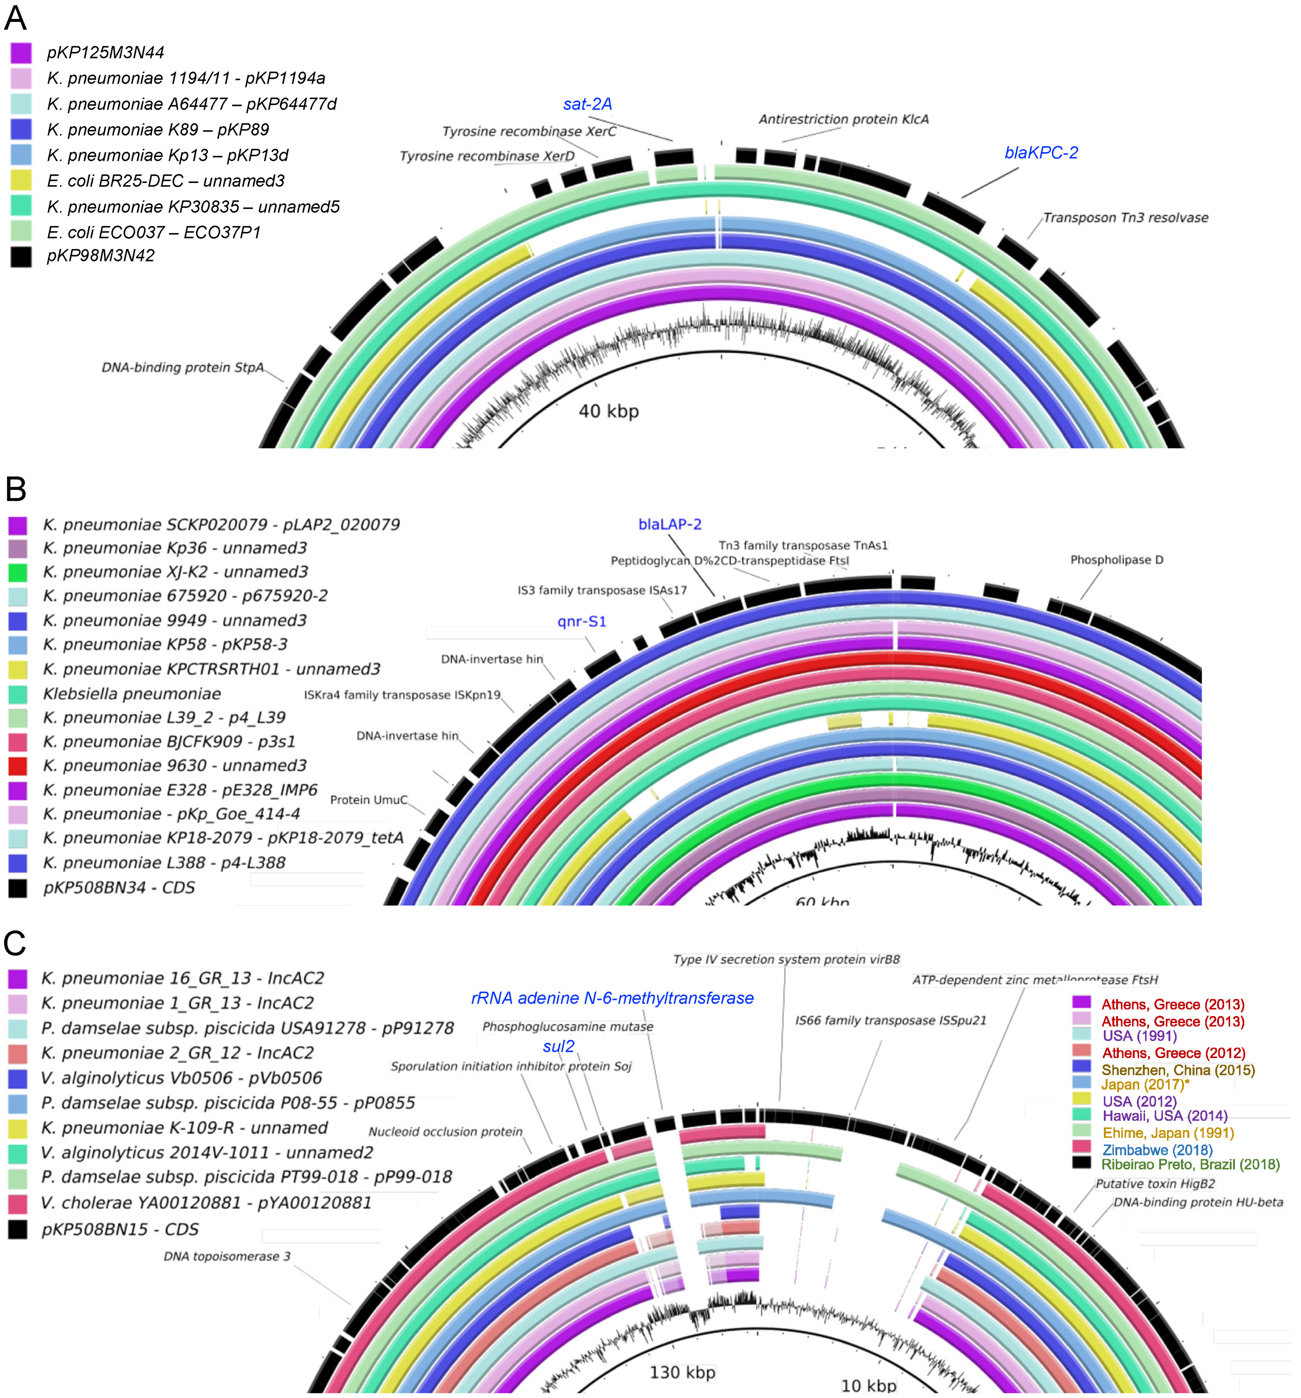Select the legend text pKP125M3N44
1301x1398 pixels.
click(106, 53)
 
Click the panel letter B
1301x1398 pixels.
click(16, 488)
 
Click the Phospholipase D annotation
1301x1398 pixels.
click(1116, 560)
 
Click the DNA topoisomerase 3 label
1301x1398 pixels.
click(226, 1256)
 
